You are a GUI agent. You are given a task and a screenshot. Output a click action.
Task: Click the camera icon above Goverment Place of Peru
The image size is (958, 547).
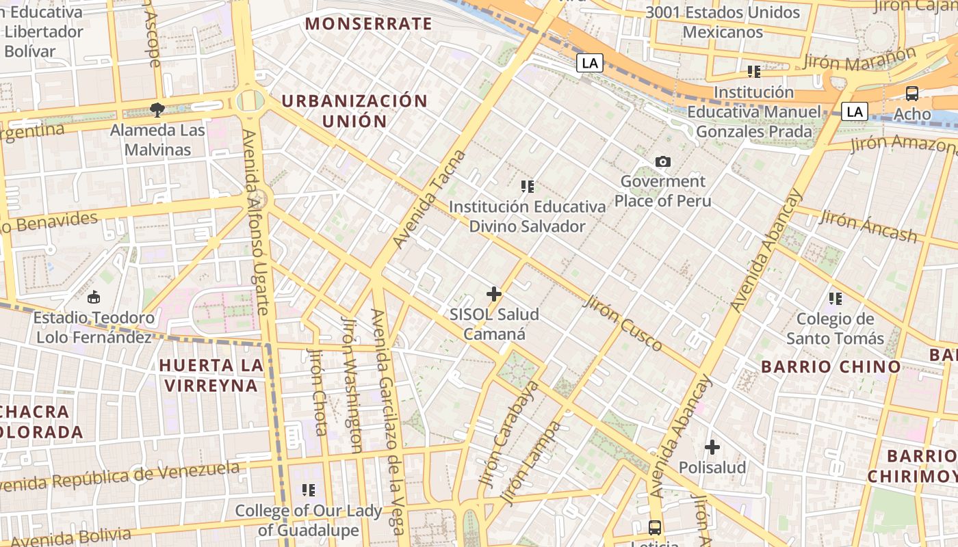pyautogui.click(x=662, y=162)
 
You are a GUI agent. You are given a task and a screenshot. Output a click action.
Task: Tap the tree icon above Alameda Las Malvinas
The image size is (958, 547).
pyautogui.click(x=157, y=109)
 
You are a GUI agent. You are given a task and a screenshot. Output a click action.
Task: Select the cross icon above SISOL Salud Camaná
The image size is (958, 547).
pyautogui.click(x=493, y=294)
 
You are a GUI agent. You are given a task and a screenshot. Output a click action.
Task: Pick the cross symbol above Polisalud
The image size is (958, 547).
pyautogui.click(x=712, y=447)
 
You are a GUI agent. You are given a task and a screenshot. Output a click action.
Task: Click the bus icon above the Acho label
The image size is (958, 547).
pyautogui.click(x=911, y=94)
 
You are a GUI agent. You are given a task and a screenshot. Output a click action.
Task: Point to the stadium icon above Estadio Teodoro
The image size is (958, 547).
pyautogui.click(x=94, y=297)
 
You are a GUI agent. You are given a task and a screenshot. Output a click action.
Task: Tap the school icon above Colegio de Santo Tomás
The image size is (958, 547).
pyautogui.click(x=835, y=298)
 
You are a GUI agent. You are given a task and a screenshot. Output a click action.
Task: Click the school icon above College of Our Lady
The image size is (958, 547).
pyautogui.click(x=309, y=490)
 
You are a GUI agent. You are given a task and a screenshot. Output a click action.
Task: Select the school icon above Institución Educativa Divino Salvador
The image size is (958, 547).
pyautogui.click(x=527, y=186)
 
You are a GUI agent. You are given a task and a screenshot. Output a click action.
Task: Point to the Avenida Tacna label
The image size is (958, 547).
pyautogui.click(x=430, y=199)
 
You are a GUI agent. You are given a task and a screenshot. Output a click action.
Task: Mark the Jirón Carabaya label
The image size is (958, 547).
pyautogui.click(x=508, y=434)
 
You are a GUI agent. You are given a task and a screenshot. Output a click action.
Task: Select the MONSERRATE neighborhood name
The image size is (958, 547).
pyautogui.click(x=368, y=24)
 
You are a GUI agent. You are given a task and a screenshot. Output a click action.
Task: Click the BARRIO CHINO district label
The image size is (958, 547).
pyautogui.click(x=831, y=366)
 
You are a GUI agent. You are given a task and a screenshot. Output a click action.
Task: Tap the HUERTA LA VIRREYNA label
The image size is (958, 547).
pyautogui.click(x=211, y=375)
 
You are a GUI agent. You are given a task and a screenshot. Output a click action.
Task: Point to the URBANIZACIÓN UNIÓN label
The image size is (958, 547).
pyautogui.click(x=354, y=111)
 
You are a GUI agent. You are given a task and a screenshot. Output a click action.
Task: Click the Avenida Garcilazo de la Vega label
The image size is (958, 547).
pyautogui.click(x=387, y=421)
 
